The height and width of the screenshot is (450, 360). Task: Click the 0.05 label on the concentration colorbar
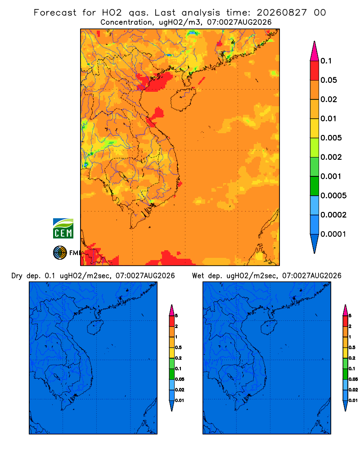pyautogui.click(x=328, y=80)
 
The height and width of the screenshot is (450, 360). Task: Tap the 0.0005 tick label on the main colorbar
pyautogui.click(x=333, y=196)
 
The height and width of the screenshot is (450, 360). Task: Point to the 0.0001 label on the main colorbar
pyautogui.click(x=333, y=234)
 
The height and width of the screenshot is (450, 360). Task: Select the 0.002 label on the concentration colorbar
pyautogui.click(x=331, y=157)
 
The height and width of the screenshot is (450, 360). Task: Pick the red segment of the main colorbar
pyautogui.click(x=315, y=71)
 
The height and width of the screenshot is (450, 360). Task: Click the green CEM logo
pyautogui.click(x=63, y=228)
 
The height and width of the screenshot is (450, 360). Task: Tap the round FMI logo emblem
pyautogui.click(x=60, y=253)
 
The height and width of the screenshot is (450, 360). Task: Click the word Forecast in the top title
pyautogui.click(x=55, y=13)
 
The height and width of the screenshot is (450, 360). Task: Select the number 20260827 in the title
pyautogui.click(x=282, y=13)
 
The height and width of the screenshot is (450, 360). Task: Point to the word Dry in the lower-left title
pyautogui.click(x=17, y=276)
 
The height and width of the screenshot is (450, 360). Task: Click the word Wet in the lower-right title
pyautogui.click(x=198, y=276)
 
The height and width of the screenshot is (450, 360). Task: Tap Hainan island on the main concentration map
pyautogui.click(x=183, y=99)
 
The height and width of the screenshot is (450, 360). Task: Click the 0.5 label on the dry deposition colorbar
pyautogui.click(x=178, y=347)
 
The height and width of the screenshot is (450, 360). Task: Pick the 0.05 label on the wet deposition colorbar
pyautogui.click(x=353, y=379)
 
